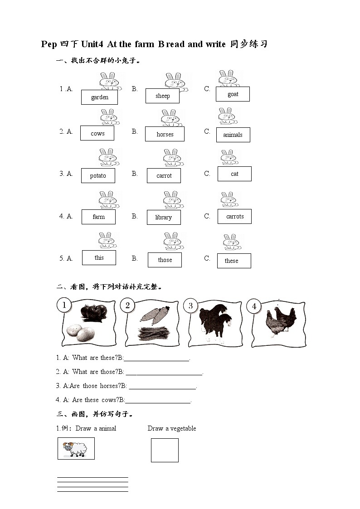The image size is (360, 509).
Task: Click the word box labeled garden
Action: pos(99,97)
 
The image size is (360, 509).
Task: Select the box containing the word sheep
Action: pos(162,96)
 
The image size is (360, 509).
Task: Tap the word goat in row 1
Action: pos(233,94)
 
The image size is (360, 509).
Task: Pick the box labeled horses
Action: pos(165,134)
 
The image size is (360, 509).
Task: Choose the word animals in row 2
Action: pos(233,135)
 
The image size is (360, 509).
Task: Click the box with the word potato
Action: pos(98,176)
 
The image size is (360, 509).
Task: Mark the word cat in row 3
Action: pos(234,174)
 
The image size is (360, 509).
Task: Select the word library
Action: pos(164,218)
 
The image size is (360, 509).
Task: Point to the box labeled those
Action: pos(165,260)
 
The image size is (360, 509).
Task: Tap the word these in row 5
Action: pos(231,261)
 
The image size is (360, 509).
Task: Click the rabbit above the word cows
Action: pos(109,117)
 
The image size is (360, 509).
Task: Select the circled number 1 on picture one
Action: pos(64,305)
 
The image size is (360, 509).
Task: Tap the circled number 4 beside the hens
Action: pos(254,306)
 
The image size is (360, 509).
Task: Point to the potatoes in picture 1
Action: pos(80,333)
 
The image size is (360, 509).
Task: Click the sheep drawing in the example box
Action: pos(76,449)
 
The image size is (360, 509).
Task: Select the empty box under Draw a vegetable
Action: pos(165,450)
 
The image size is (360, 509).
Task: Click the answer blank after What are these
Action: pos(156,358)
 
